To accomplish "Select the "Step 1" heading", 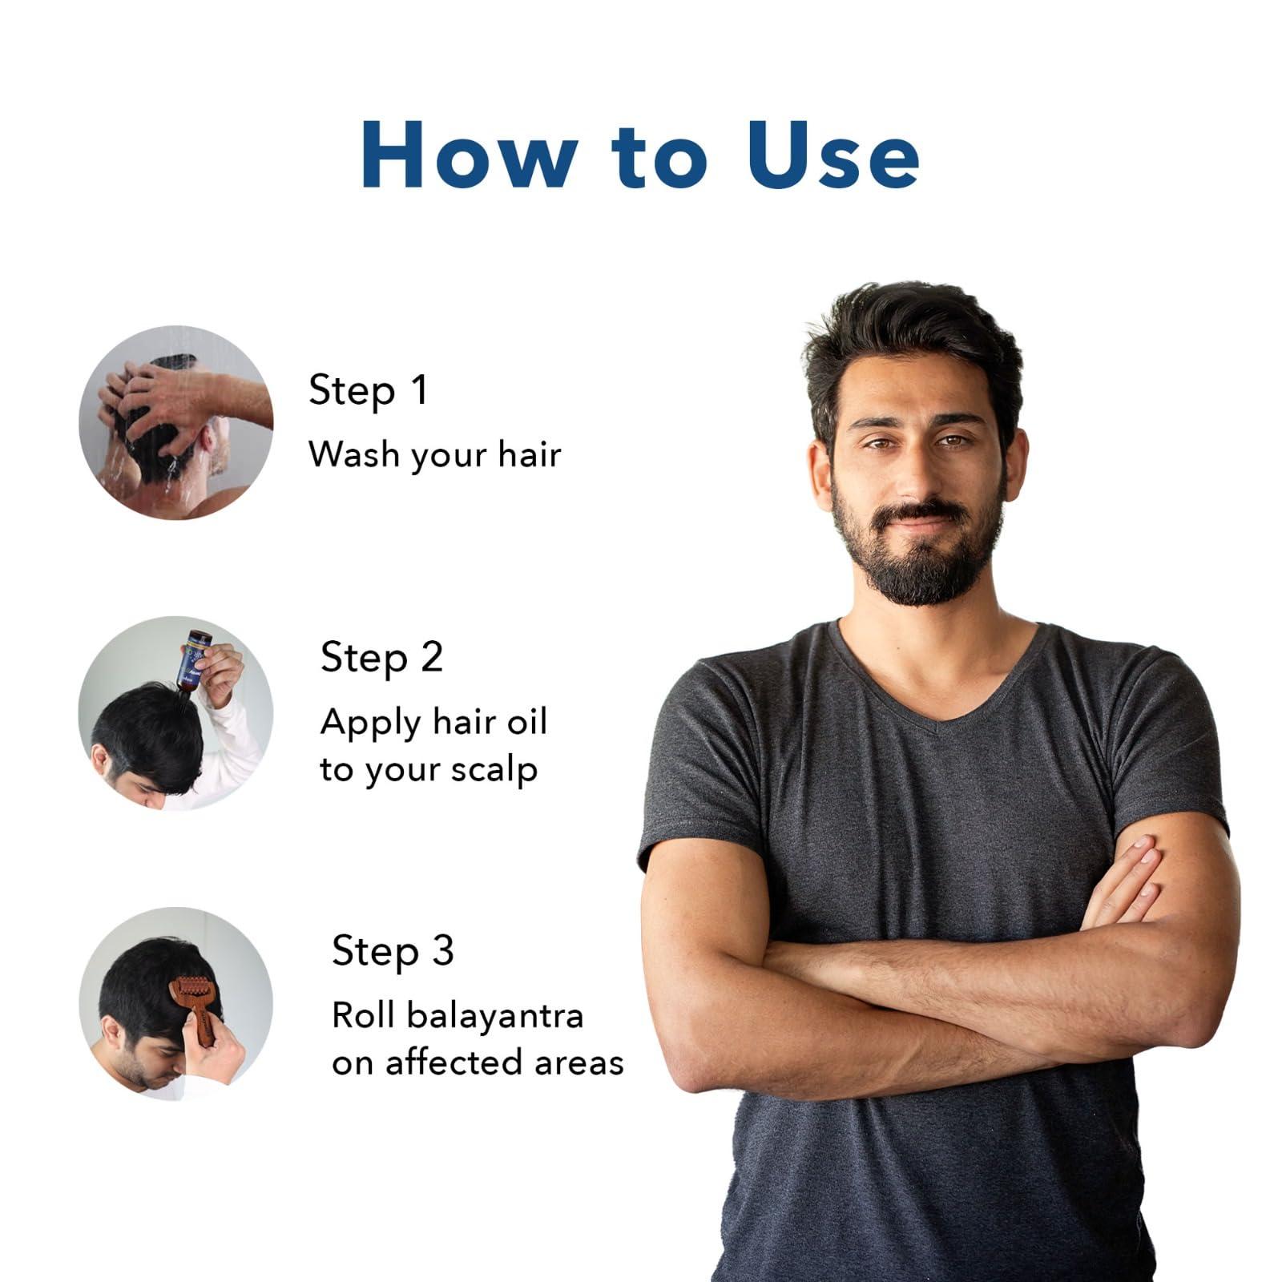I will click(368, 390).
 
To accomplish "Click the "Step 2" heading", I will click(381, 658).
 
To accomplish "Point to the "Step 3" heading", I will click(393, 951).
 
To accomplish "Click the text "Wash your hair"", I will click(434, 455).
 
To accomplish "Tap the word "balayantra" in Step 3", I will click(495, 1016).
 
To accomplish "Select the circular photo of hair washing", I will click(176, 422).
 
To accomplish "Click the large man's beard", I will click(917, 561).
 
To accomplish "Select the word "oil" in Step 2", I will click(526, 721).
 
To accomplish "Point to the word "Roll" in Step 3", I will click(363, 1016).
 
